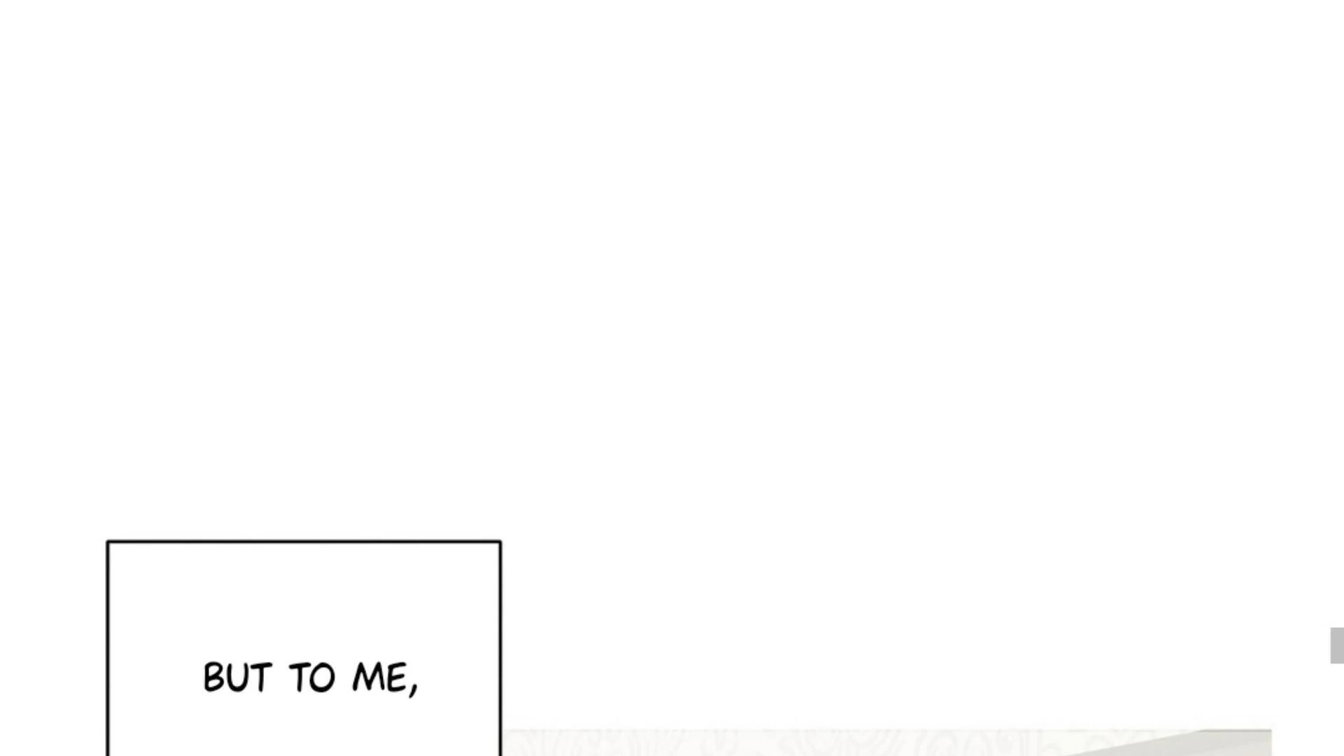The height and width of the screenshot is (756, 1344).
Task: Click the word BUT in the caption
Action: [x=237, y=678]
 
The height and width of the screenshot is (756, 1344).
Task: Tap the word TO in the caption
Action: [x=312, y=678]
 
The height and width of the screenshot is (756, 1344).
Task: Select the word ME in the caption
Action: [x=380, y=678]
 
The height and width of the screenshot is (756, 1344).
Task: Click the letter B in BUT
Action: [x=213, y=678]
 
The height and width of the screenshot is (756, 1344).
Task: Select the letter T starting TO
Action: [x=299, y=678]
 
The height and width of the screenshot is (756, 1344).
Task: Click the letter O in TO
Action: [x=323, y=678]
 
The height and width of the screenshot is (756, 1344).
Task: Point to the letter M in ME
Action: [x=369, y=678]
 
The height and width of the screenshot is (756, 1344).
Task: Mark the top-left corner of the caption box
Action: [x=108, y=542]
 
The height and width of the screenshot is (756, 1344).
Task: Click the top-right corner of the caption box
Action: [x=500, y=542]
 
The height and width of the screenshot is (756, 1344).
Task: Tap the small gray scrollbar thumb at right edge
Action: [x=1336, y=645]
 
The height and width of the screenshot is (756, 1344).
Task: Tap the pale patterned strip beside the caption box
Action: [x=700, y=743]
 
